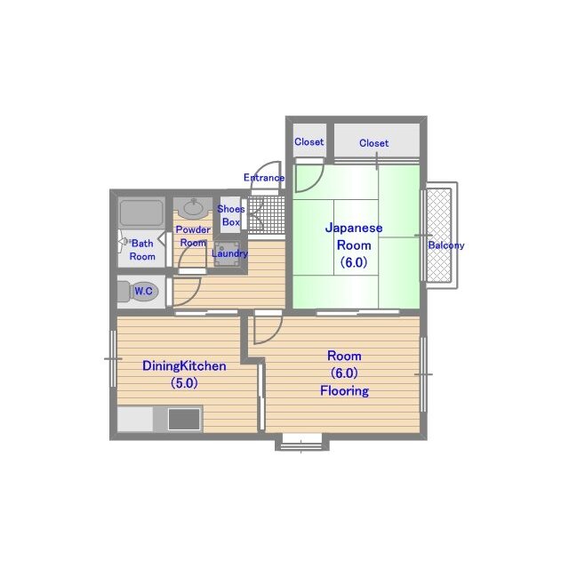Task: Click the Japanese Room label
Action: pos(354,236)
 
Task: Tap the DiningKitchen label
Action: pos(184,365)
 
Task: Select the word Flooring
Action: pos(344,391)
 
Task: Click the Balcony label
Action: pos(446,245)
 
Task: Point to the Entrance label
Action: pos(264,178)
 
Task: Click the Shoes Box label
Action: pos(231,215)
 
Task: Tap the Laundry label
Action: pos(229,253)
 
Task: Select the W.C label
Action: pos(143,291)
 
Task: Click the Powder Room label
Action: pos(193,236)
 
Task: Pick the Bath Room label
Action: pos(142,250)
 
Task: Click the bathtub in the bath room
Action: pos(141,213)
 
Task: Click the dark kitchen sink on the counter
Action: pos(184,419)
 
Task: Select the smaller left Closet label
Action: pos(309,142)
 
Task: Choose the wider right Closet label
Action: pos(373,143)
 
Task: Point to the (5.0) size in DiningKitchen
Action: pos(184,383)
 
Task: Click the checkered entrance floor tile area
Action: pos(266,214)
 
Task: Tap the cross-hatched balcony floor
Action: pos(438,235)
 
